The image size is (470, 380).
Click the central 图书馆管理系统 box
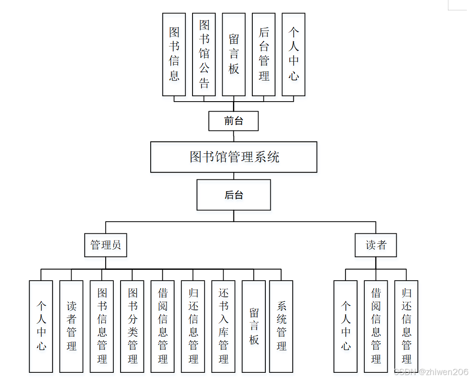tap(233, 157)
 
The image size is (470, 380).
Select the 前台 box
tap(233, 121)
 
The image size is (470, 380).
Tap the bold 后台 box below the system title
tap(233, 195)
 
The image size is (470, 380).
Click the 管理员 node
tap(106, 245)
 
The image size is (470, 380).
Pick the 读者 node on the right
tap(376, 245)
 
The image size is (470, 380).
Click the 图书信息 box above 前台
tap(174, 54)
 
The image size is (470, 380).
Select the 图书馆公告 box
tap(204, 54)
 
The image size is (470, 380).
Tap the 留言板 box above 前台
tap(234, 54)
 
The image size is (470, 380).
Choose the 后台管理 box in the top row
tap(264, 54)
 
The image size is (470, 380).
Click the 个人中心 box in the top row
tap(294, 54)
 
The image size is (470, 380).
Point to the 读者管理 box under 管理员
tap(72, 326)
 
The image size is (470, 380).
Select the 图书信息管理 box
tap(102, 326)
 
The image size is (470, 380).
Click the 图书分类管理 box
tap(132, 326)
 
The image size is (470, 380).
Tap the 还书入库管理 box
tap(224, 326)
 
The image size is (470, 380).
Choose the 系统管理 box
tap(281, 326)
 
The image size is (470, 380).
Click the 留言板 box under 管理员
tap(254, 326)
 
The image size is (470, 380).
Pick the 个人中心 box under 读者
tap(345, 326)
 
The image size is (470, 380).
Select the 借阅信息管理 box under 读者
tap(376, 326)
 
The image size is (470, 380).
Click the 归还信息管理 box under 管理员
tap(193, 326)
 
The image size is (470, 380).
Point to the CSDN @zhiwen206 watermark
tap(431, 372)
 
